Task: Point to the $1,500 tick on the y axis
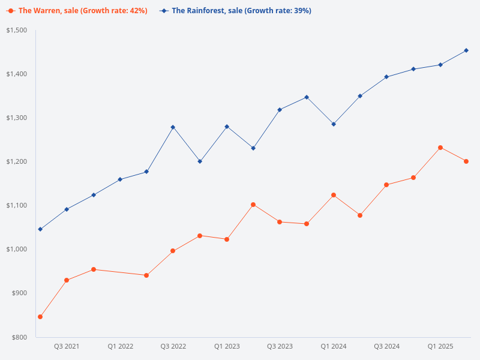pos(18,30)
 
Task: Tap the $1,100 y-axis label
pos(18,205)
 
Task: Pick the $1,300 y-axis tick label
pos(18,118)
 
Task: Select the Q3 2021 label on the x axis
pos(67,347)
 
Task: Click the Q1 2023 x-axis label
pos(227,347)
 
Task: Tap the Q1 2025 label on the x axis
pos(440,347)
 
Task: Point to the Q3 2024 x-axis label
pos(387,347)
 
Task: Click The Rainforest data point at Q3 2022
pos(173,127)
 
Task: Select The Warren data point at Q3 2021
pos(67,280)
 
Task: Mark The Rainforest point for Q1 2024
pos(334,124)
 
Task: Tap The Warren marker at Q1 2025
pos(440,148)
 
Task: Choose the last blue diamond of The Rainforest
pos(466,50)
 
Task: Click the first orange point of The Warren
pos(40,317)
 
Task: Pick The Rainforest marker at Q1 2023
pos(227,127)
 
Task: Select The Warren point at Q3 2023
pos(280,222)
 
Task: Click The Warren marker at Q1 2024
pos(334,195)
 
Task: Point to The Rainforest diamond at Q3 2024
pos(386,77)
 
